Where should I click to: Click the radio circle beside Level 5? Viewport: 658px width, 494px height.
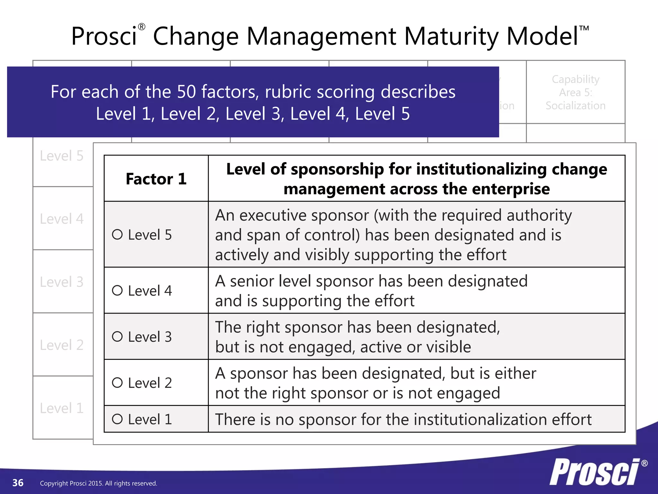click(117, 234)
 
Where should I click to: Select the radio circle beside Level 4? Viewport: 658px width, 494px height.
click(117, 290)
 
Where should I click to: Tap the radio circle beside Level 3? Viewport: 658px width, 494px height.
click(117, 337)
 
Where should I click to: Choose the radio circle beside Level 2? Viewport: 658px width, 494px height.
click(117, 383)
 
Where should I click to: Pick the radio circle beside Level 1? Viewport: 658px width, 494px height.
click(117, 419)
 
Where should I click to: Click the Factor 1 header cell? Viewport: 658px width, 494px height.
click(156, 179)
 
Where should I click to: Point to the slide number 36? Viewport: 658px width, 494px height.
click(18, 483)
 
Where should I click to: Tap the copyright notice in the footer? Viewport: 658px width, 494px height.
click(98, 483)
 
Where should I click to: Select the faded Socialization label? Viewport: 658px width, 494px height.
click(575, 106)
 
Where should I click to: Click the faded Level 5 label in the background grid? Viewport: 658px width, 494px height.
click(62, 156)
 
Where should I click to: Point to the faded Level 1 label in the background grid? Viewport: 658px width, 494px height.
click(62, 408)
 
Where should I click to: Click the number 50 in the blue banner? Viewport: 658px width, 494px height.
click(186, 92)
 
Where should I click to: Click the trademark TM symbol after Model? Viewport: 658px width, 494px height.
click(584, 28)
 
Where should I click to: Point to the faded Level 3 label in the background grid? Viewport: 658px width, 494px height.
click(62, 282)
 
